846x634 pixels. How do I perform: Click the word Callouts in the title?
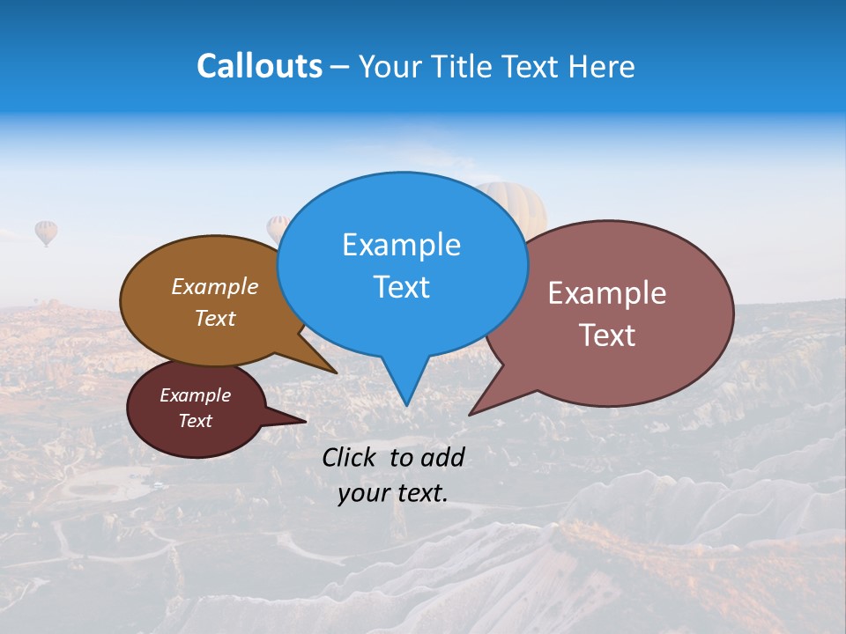259,66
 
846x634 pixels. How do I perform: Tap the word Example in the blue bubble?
401,245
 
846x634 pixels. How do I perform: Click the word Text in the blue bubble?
401,287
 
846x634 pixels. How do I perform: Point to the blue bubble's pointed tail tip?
406,405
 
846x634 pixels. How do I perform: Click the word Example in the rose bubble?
607,293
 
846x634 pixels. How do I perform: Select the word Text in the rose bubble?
607,335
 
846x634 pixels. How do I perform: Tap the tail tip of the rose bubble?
470,414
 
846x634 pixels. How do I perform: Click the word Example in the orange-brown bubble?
215,286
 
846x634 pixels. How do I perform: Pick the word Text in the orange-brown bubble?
215,318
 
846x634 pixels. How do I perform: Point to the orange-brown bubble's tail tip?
337,373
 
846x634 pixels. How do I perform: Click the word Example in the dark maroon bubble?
195,395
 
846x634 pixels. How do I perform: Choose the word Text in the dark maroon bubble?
195,421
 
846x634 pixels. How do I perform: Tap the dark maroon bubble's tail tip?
305,422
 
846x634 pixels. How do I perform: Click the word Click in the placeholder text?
351,457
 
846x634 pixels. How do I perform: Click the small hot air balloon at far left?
46,232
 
